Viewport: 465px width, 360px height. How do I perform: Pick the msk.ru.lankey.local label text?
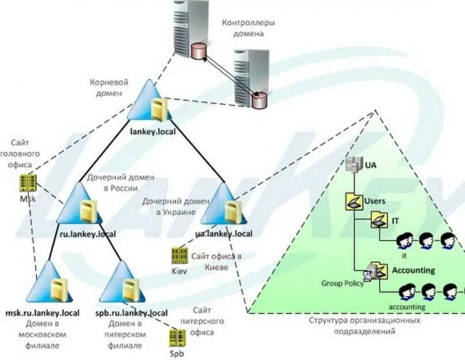coord(42,313)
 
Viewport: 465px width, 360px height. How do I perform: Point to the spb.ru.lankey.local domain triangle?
coord(124,284)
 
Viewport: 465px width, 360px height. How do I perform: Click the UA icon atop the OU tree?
coord(353,165)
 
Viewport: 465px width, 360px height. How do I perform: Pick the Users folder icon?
coord(353,201)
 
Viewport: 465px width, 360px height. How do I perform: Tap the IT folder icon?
coord(379,220)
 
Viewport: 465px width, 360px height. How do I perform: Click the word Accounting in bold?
coord(413,270)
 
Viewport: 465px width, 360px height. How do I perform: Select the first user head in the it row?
coord(405,240)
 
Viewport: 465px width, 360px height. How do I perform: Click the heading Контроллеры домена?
coord(248,28)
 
